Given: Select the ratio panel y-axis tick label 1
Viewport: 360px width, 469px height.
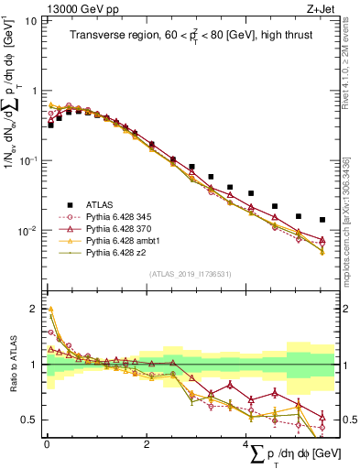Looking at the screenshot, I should pyautogui.click(x=35, y=365).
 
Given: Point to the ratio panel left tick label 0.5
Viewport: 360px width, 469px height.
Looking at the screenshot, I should pyautogui.click(x=30, y=420).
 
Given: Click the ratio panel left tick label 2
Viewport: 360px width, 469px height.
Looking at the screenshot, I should pyautogui.click(x=35, y=309).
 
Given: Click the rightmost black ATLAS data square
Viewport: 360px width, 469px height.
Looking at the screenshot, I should pyautogui.click(x=322, y=220).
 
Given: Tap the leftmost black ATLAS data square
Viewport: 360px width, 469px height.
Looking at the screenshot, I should pyautogui.click(x=50, y=125).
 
